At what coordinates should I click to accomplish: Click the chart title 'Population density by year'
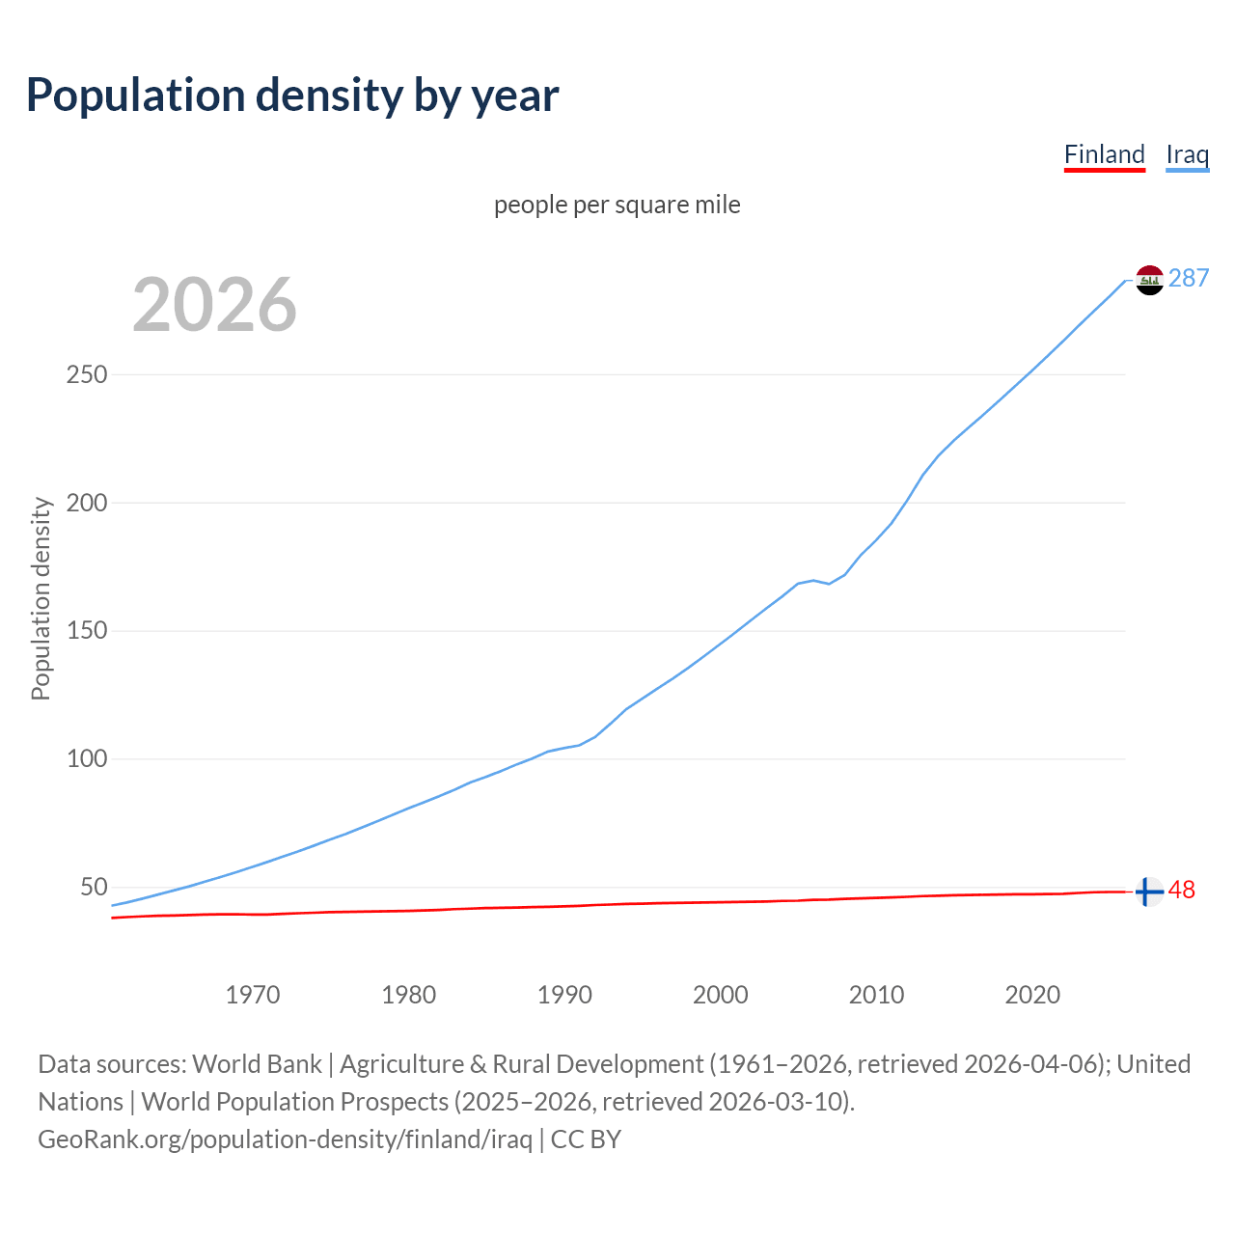coord(292,96)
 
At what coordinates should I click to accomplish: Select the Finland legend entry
coord(1104,154)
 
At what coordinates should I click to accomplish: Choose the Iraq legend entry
coord(1187,154)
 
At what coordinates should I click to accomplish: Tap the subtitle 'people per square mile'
coord(617,205)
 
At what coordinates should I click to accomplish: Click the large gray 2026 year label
coord(214,305)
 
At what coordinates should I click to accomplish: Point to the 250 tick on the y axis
coord(86,374)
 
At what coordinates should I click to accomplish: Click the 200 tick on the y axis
coord(86,503)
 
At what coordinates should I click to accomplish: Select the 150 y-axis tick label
coord(86,631)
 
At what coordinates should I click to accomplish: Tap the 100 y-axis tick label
coord(86,759)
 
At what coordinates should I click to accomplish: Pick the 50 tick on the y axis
coord(94,887)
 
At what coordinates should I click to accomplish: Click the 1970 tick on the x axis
coord(253,995)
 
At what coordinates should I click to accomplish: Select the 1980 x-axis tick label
coord(409,995)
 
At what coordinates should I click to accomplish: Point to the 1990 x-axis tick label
coord(564,995)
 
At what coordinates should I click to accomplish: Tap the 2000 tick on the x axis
coord(721,995)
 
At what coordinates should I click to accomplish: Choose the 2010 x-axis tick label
coord(876,995)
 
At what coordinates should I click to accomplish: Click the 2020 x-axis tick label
coord(1032,995)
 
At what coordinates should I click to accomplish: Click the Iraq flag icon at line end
coord(1149,280)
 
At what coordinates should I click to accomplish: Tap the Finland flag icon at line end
coord(1149,892)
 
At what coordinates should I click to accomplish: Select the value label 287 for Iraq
coord(1189,279)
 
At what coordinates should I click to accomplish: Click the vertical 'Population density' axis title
coord(41,598)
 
